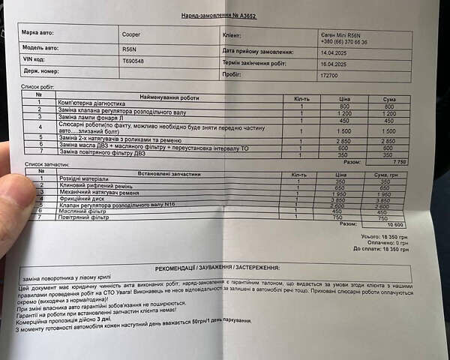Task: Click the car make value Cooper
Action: click(x=130, y=34)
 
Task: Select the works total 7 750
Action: click(x=399, y=161)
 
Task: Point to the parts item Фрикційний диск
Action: click(x=80, y=198)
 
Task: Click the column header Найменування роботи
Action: click(x=170, y=97)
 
